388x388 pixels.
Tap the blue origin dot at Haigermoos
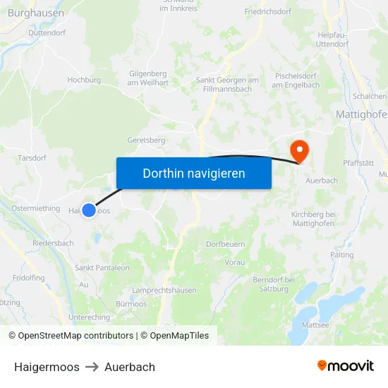point(89,210)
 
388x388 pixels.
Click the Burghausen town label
point(36,13)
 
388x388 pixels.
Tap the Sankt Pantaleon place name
point(102,268)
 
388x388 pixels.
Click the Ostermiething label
point(36,208)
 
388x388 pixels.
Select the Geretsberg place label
point(145,140)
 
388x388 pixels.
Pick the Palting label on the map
point(341,255)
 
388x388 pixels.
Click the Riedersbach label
point(53,243)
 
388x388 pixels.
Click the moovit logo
point(345,366)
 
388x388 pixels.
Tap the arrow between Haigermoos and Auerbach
point(92,367)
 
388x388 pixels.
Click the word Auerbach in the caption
point(130,367)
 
